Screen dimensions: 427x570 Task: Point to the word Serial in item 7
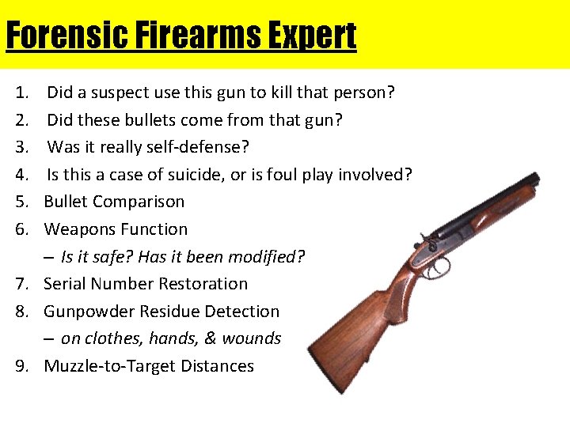pos(65,284)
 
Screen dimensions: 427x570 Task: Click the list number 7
pos(22,284)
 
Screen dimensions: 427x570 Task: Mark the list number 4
pos(22,175)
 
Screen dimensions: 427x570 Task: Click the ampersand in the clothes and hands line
pos(210,338)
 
